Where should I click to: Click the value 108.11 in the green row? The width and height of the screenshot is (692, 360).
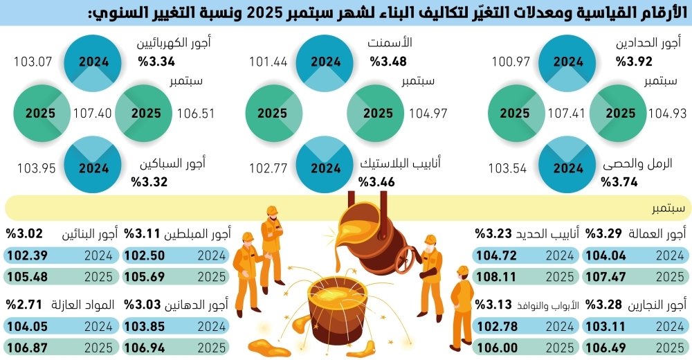[496, 278]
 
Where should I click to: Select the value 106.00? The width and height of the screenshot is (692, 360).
[496, 348]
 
